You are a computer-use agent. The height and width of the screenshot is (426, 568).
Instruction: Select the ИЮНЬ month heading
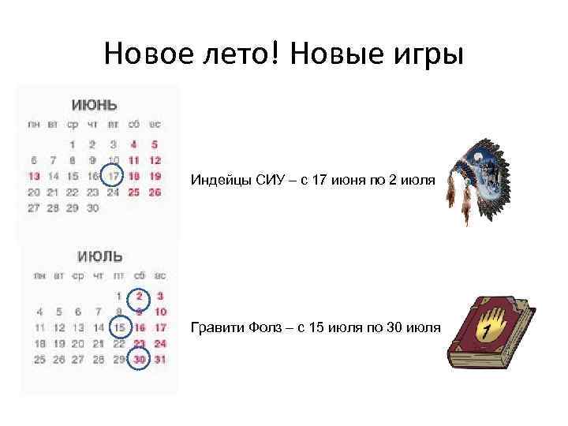point(94,105)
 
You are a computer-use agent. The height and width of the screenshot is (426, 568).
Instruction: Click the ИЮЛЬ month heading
point(100,257)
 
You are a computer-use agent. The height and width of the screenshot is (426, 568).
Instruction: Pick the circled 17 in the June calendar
point(114,176)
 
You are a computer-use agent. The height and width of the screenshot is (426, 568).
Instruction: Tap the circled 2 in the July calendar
point(140,297)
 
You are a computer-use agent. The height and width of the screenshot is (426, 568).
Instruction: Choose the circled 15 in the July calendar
point(119,327)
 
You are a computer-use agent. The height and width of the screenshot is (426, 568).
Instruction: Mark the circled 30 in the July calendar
point(140,359)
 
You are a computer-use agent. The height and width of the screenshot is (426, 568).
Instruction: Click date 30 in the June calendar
point(93,208)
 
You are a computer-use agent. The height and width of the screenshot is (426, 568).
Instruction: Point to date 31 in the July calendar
point(160,359)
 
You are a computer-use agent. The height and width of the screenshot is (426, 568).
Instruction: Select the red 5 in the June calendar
point(154,144)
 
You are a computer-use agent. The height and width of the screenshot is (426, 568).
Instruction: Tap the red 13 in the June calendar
point(33,176)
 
